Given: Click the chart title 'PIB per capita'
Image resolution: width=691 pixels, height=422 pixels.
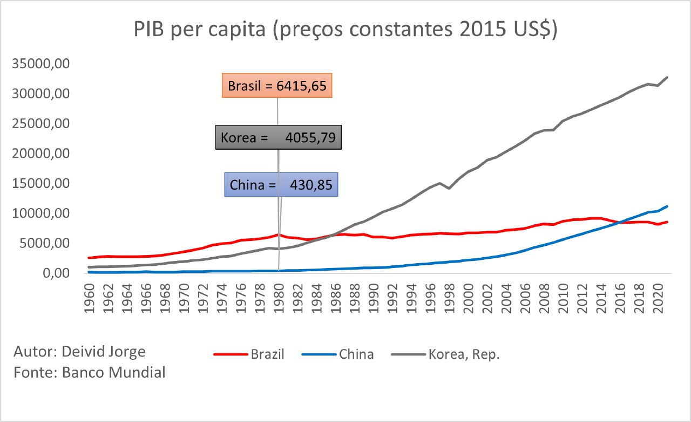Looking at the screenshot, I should pyautogui.click(x=345, y=30).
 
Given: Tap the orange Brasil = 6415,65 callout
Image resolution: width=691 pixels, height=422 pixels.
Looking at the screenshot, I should pyautogui.click(x=277, y=86).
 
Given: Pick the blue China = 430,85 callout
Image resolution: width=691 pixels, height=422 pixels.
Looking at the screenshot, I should pyautogui.click(x=281, y=185).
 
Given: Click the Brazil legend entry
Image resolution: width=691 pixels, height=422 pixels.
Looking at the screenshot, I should pyautogui.click(x=249, y=354).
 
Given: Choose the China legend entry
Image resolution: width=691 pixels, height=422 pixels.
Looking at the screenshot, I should pyautogui.click(x=338, y=354).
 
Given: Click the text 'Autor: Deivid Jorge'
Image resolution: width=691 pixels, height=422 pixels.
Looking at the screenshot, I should pyautogui.click(x=80, y=352).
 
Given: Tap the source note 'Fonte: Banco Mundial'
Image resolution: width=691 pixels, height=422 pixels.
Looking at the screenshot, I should pyautogui.click(x=90, y=372).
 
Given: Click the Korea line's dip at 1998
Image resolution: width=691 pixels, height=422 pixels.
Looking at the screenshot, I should pyautogui.click(x=449, y=188).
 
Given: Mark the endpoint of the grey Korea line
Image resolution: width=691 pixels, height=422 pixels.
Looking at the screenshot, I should pyautogui.click(x=667, y=77).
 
